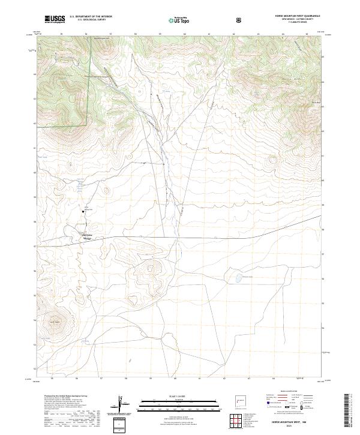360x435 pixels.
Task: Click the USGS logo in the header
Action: (55, 19)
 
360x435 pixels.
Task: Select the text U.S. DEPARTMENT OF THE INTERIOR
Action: (91, 17)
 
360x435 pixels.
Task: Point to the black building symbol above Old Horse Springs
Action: (84, 211)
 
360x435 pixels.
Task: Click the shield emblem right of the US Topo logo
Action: (240, 20)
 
